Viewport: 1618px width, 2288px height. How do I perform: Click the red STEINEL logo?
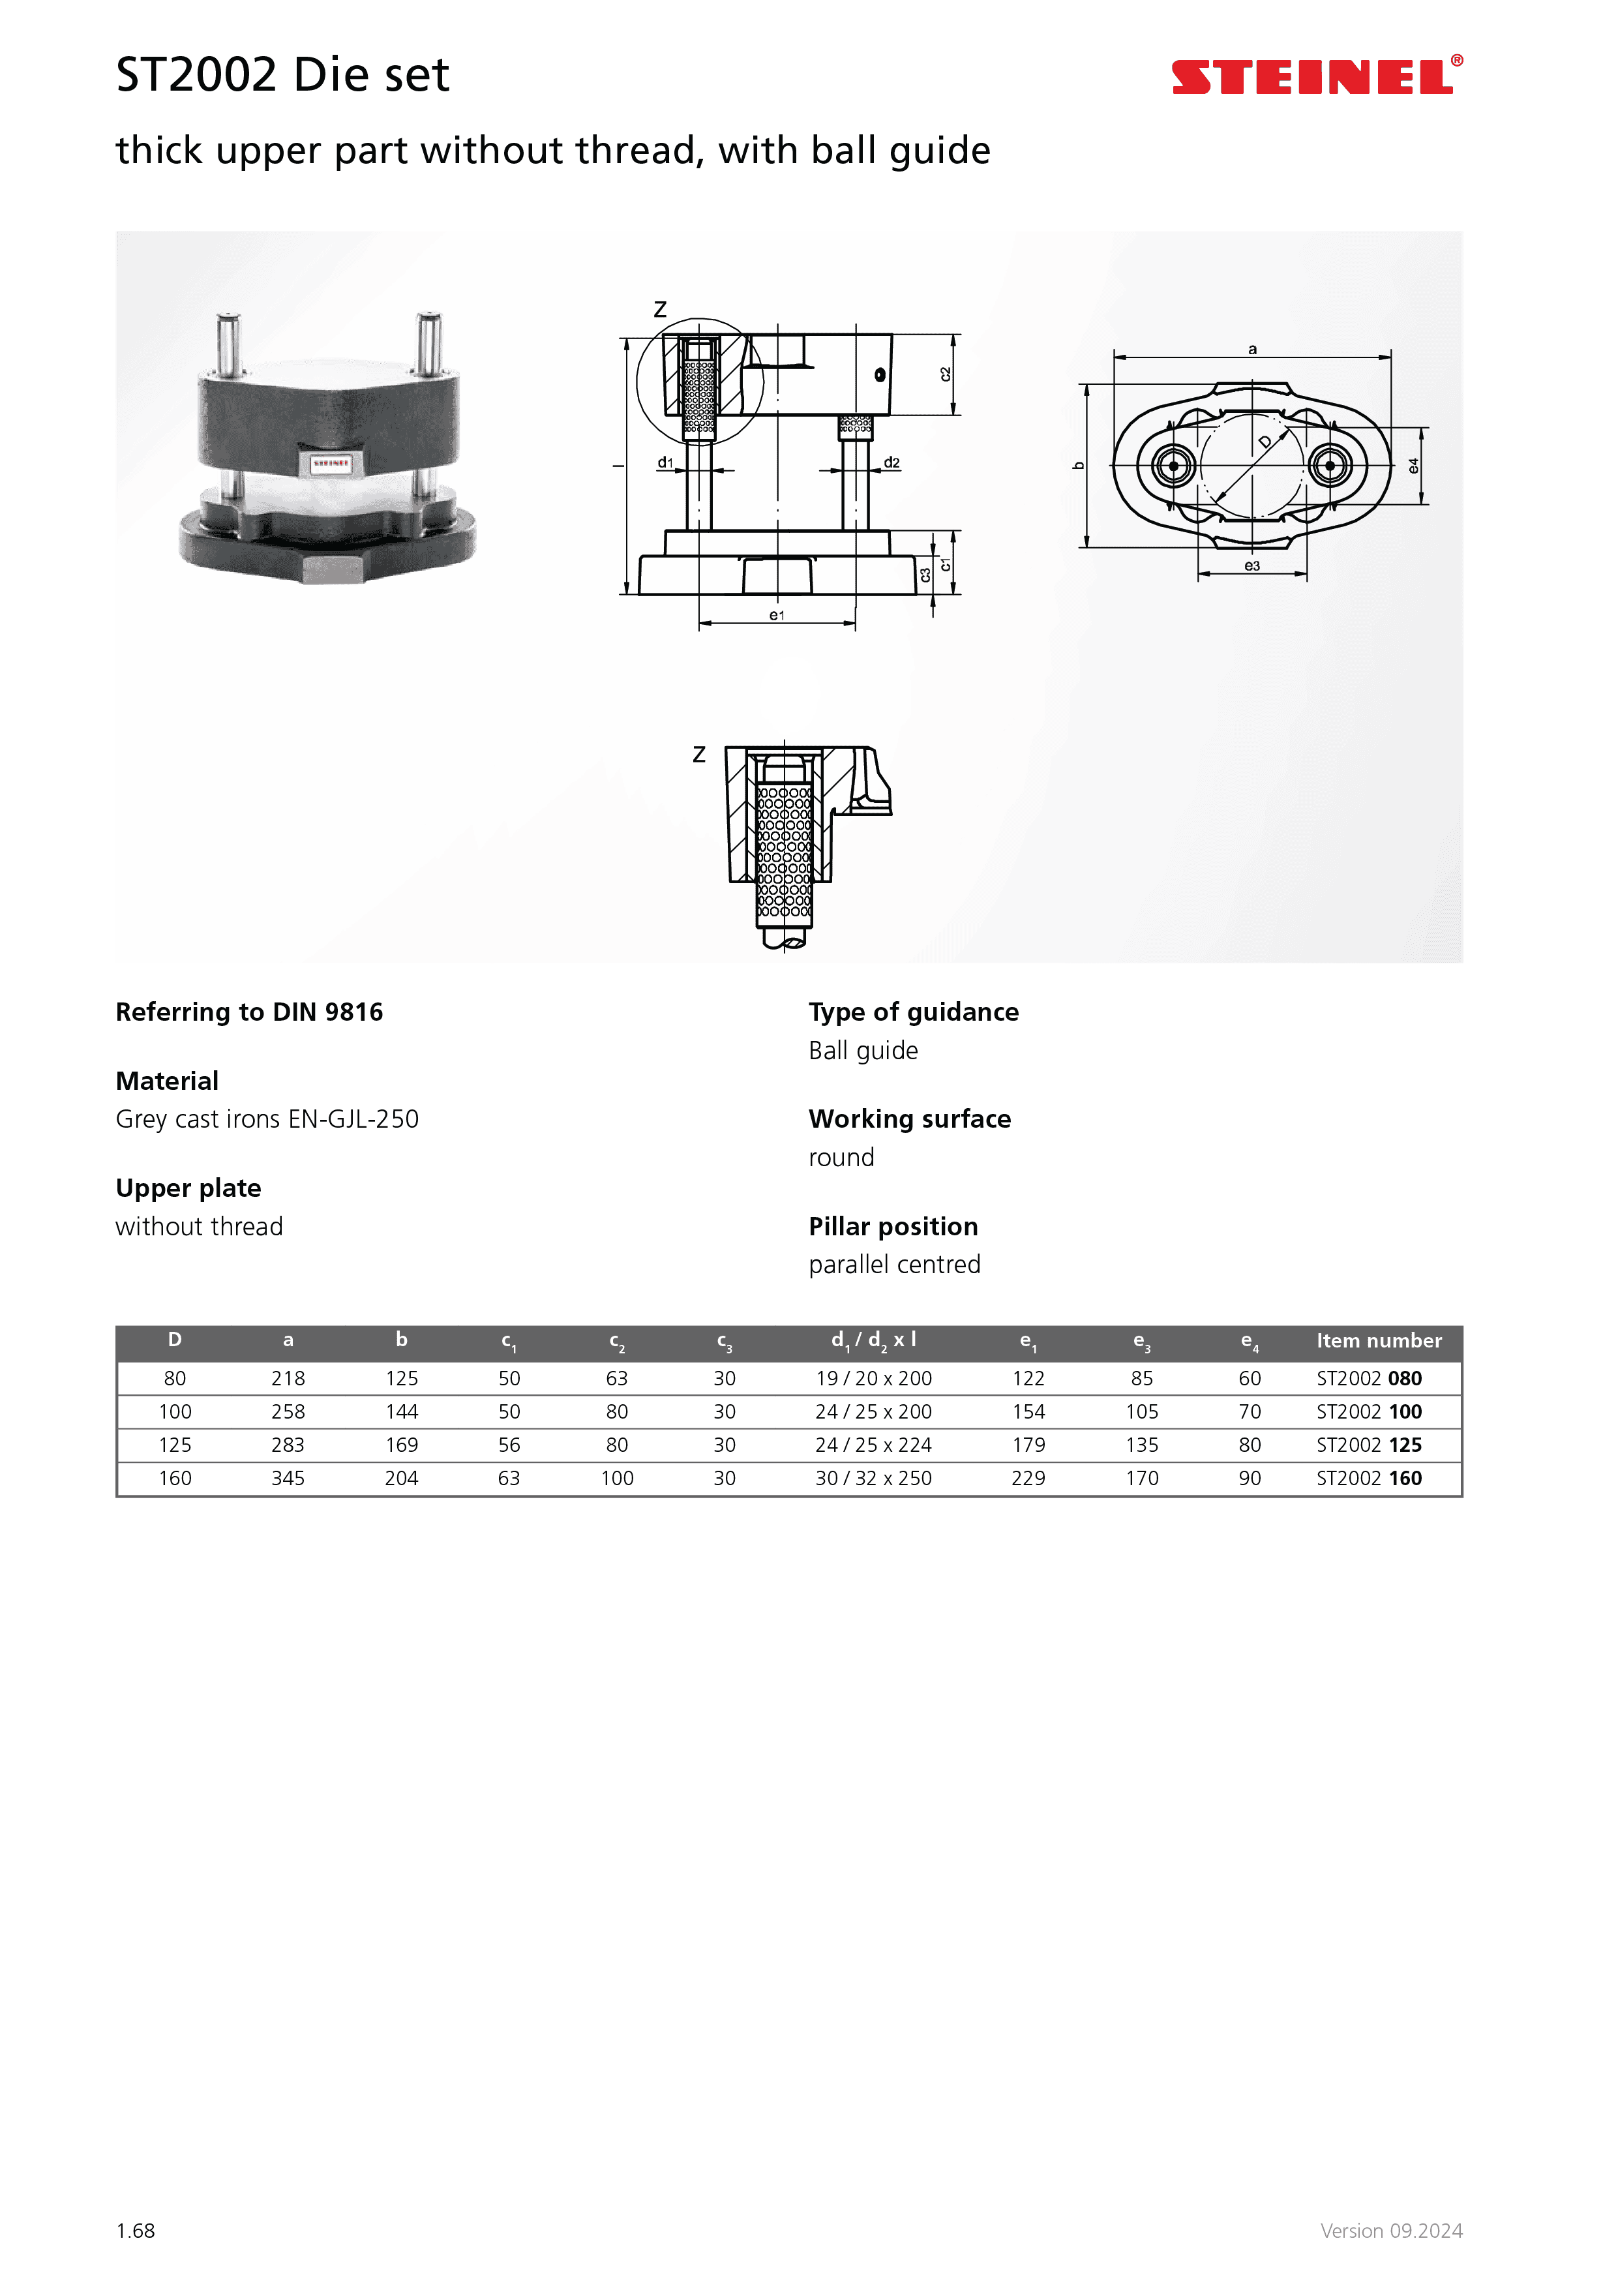1316,77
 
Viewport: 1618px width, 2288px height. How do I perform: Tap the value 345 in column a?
288,1478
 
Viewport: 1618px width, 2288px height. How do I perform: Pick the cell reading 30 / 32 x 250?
873,1478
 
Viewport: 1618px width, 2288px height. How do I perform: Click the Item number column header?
1378,1342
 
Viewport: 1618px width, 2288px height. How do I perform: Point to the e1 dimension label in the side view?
776,616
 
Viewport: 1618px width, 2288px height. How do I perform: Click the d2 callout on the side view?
891,462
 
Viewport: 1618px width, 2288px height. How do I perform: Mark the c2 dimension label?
944,374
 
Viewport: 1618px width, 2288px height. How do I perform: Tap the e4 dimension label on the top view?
1413,466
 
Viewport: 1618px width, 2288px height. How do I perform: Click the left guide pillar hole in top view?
1174,466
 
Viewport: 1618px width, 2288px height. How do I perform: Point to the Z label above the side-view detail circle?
659,310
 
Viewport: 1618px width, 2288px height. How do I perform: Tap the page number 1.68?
136,2230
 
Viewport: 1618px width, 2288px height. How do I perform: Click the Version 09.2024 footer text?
1391,2230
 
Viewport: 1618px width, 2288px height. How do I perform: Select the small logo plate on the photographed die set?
330,463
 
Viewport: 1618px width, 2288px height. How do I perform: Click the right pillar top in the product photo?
428,321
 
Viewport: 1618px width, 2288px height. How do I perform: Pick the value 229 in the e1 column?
1028,1478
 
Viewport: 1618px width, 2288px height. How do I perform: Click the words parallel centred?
893,1265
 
